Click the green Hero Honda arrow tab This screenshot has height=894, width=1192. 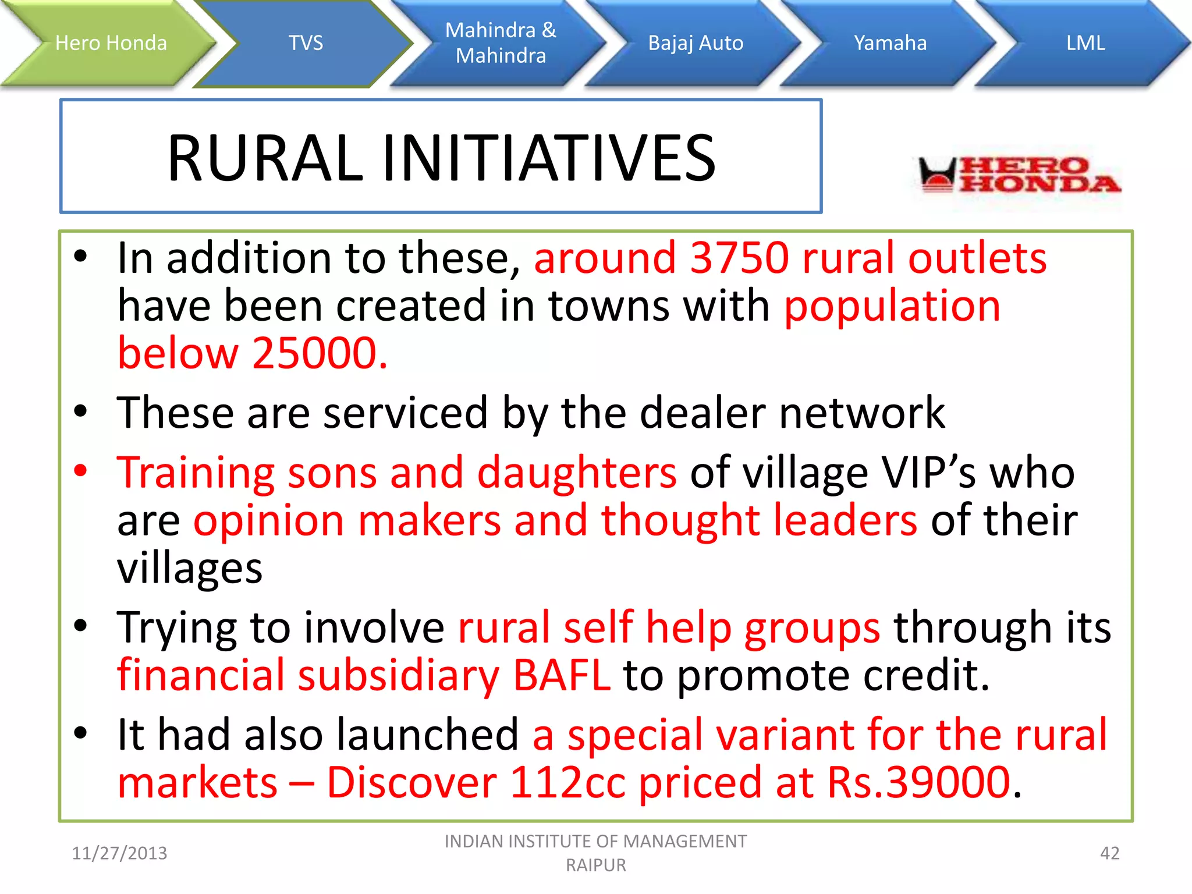pyautogui.click(x=111, y=43)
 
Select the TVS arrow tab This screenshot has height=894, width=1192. pyautogui.click(x=306, y=43)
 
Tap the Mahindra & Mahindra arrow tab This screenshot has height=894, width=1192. pyautogui.click(x=501, y=43)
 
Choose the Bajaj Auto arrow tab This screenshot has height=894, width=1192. pyautogui.click(x=696, y=43)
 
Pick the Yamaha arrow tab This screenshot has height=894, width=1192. pyautogui.click(x=890, y=43)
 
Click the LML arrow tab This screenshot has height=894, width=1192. pyautogui.click(x=1085, y=43)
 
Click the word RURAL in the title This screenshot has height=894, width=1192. pyautogui.click(x=265, y=158)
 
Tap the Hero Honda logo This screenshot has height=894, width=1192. pyautogui.click(x=1019, y=175)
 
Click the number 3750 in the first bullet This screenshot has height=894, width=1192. pyautogui.click(x=739, y=258)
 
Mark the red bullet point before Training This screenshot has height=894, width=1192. pyautogui.click(x=80, y=470)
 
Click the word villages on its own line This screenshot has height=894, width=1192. pyautogui.click(x=190, y=569)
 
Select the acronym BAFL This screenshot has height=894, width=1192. pyautogui.click(x=562, y=676)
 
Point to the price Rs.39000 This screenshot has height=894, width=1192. pyautogui.click(x=919, y=783)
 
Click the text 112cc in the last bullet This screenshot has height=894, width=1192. pyautogui.click(x=567, y=783)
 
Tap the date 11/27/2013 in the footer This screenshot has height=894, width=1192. pyautogui.click(x=119, y=853)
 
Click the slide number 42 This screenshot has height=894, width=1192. pyautogui.click(x=1109, y=853)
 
